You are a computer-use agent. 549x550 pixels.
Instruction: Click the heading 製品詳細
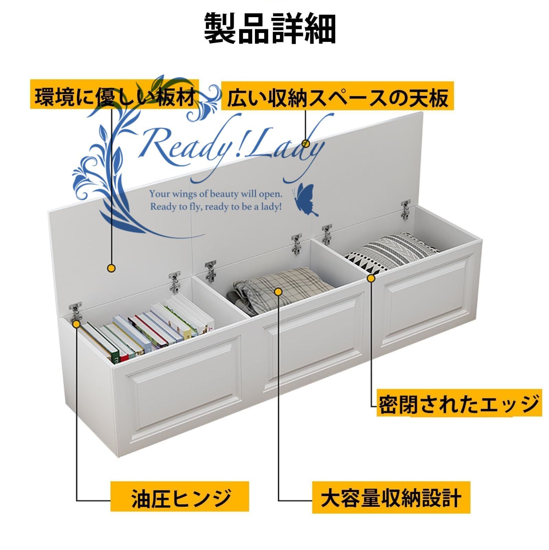point(270,29)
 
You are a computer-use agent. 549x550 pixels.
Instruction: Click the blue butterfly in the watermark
point(305,200)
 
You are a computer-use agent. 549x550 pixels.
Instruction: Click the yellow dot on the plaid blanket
point(279,292)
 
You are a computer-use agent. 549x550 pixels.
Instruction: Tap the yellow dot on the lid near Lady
point(305,143)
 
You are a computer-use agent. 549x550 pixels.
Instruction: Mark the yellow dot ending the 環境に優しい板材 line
point(111,268)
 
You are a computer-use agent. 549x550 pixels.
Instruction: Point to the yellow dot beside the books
point(76,323)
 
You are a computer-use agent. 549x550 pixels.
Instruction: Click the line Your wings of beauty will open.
point(216,194)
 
